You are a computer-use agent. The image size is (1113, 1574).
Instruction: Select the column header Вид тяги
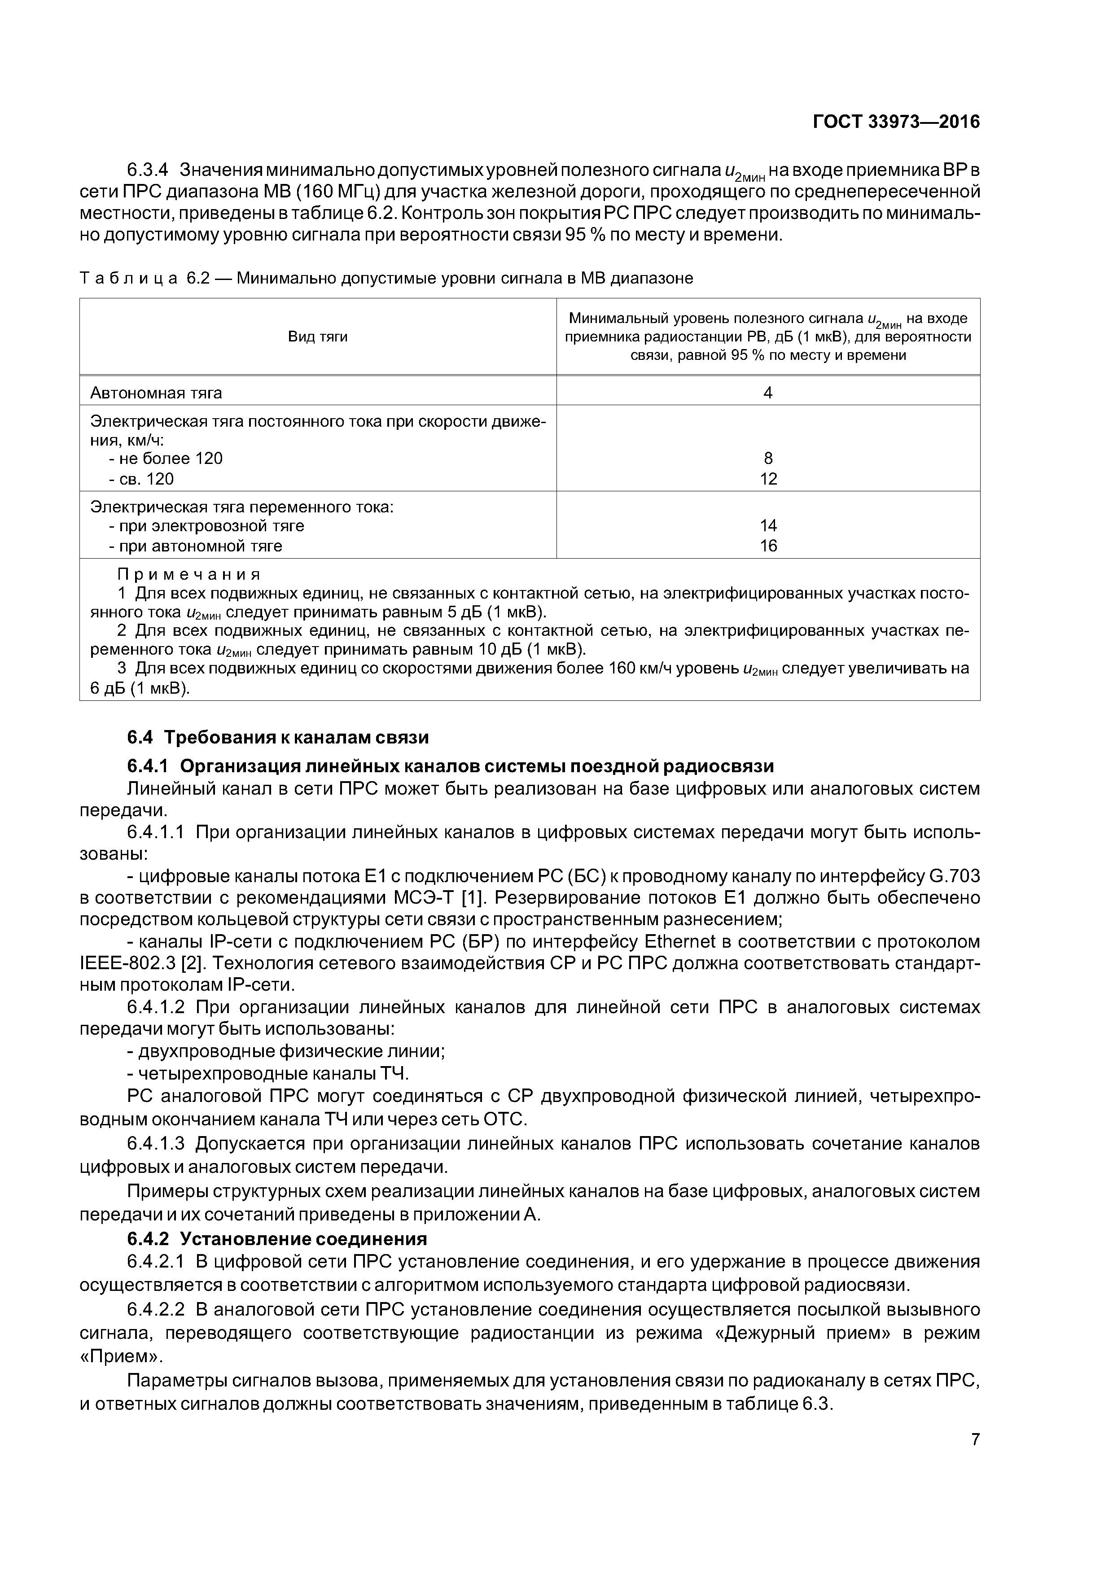[x=317, y=337]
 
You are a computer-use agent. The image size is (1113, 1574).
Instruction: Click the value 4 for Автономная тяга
[x=768, y=393]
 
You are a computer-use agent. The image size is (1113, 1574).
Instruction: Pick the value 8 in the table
[x=768, y=459]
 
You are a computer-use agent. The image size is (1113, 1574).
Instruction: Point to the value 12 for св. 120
[x=768, y=479]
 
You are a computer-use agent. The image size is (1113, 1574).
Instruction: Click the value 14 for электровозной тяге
[x=768, y=526]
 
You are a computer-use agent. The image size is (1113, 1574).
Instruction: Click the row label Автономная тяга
[x=156, y=393]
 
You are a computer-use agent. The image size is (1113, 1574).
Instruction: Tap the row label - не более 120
[x=165, y=459]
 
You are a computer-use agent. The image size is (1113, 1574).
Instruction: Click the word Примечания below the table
[x=189, y=574]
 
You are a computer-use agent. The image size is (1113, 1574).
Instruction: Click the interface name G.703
[x=953, y=876]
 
